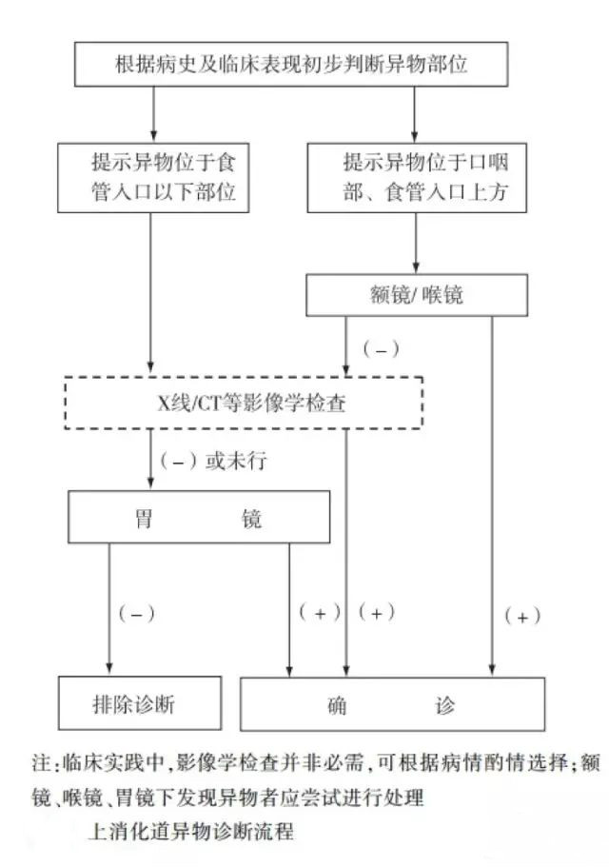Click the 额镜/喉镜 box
click(415, 295)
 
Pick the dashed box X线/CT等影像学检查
click(244, 404)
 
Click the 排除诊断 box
click(141, 704)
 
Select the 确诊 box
click(392, 705)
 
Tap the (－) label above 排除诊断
click(134, 614)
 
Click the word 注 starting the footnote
click(39, 764)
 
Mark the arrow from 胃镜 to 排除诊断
click(108, 609)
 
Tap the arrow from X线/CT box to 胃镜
click(151, 459)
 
